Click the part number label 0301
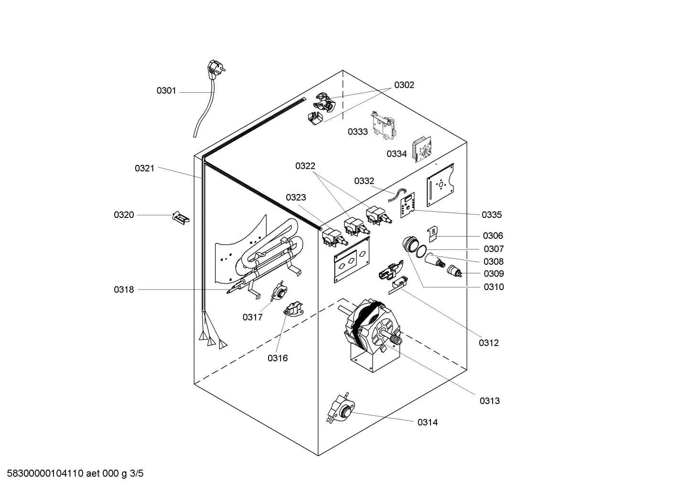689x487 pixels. click(x=166, y=91)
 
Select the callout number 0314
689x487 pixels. click(x=427, y=422)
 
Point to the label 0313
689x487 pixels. click(x=490, y=401)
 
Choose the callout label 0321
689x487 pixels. click(x=144, y=168)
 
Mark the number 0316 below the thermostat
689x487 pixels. click(x=278, y=358)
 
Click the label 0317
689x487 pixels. click(x=252, y=317)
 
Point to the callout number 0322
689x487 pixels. click(x=305, y=166)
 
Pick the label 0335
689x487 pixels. click(x=492, y=215)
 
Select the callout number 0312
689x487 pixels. click(x=489, y=343)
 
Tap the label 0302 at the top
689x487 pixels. click(x=404, y=85)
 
